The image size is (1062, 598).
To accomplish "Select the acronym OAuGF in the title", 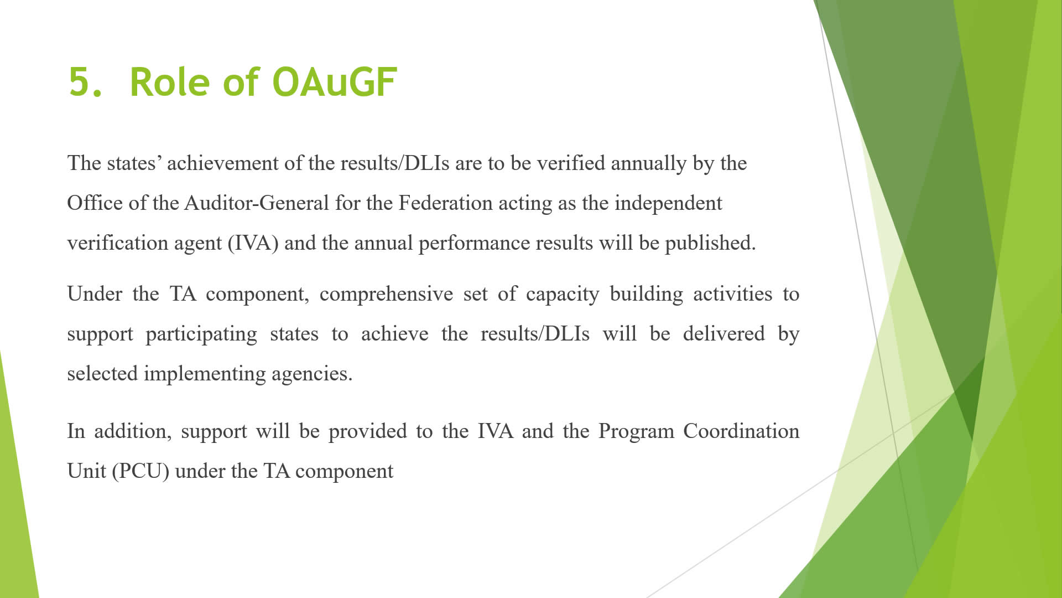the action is coord(335,83).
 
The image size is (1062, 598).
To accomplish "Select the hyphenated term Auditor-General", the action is coord(257,203).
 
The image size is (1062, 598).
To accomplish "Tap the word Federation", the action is coord(445,203).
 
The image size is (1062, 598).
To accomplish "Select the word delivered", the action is coord(723,334).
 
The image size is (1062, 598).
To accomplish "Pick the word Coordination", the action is coord(741,431).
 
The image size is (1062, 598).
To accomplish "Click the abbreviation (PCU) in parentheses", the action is coord(140,472).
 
